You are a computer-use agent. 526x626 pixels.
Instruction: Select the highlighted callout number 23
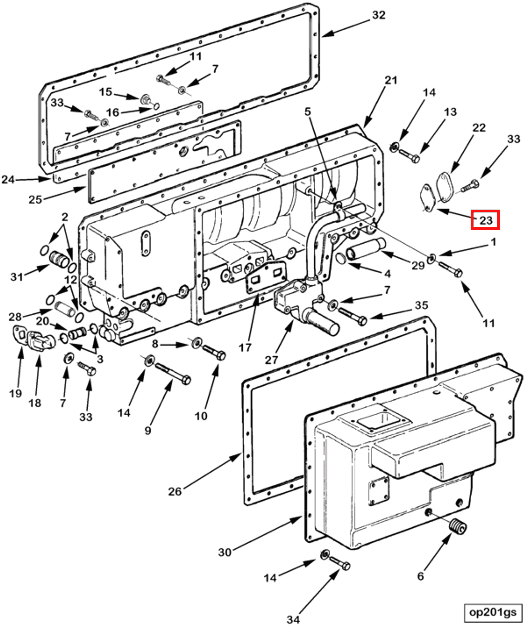485,220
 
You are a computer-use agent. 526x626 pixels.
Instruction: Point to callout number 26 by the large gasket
175,491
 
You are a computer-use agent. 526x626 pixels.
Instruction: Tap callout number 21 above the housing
391,81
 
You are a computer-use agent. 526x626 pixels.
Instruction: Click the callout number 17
245,347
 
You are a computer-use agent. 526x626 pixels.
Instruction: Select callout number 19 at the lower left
15,393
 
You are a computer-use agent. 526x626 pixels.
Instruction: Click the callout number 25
35,199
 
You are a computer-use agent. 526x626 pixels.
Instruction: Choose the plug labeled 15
145,99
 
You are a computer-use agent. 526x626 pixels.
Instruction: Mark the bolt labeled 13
409,156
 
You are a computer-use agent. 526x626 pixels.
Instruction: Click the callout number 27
271,360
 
